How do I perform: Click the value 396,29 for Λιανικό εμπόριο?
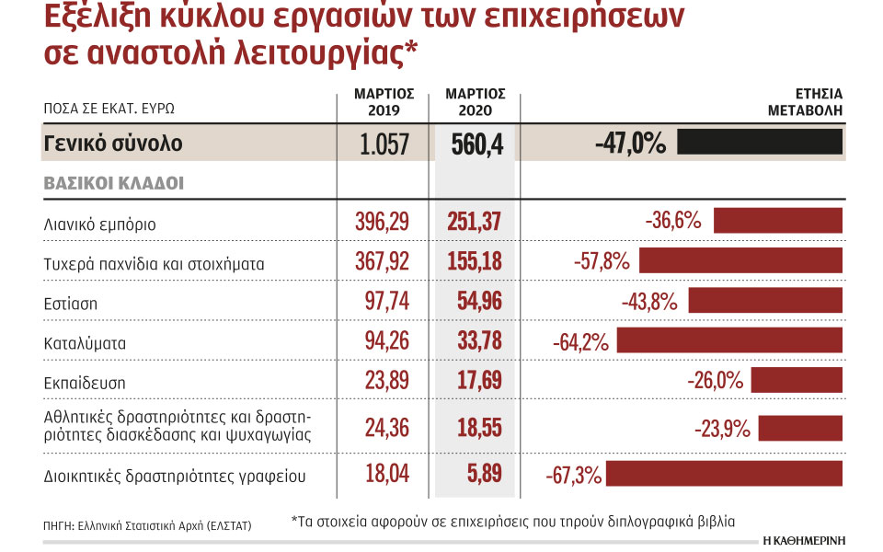tap(382, 222)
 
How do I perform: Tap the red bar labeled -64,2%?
tap(730, 342)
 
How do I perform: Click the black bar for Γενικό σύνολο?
tap(760, 143)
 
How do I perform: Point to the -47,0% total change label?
tap(629, 144)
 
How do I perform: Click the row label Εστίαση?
tap(71, 302)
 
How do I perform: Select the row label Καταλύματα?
tap(84, 342)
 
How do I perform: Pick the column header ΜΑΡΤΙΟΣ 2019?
tap(384, 102)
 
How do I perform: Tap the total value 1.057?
tap(384, 144)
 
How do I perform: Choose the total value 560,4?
tap(477, 144)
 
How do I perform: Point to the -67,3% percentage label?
tap(574, 475)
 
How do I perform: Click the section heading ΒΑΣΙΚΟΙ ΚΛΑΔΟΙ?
tap(113, 183)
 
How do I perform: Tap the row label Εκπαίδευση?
tap(85, 382)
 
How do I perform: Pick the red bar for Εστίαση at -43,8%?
tap(765, 301)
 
